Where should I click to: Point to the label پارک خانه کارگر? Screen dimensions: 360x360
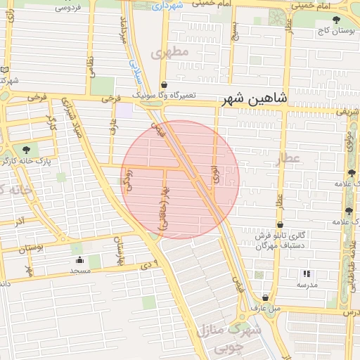coord(27,161)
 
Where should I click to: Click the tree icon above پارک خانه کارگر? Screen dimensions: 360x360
coord(27,150)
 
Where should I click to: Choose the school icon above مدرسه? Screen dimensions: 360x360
coord(306,274)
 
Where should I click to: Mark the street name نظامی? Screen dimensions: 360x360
coord(89,67)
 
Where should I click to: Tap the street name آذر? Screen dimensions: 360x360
coord(20,221)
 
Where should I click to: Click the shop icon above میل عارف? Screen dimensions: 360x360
coord(265,297)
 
